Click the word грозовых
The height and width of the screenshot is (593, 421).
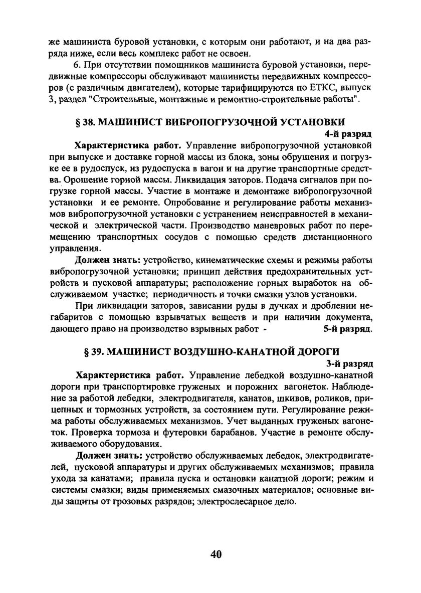(136, 501)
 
